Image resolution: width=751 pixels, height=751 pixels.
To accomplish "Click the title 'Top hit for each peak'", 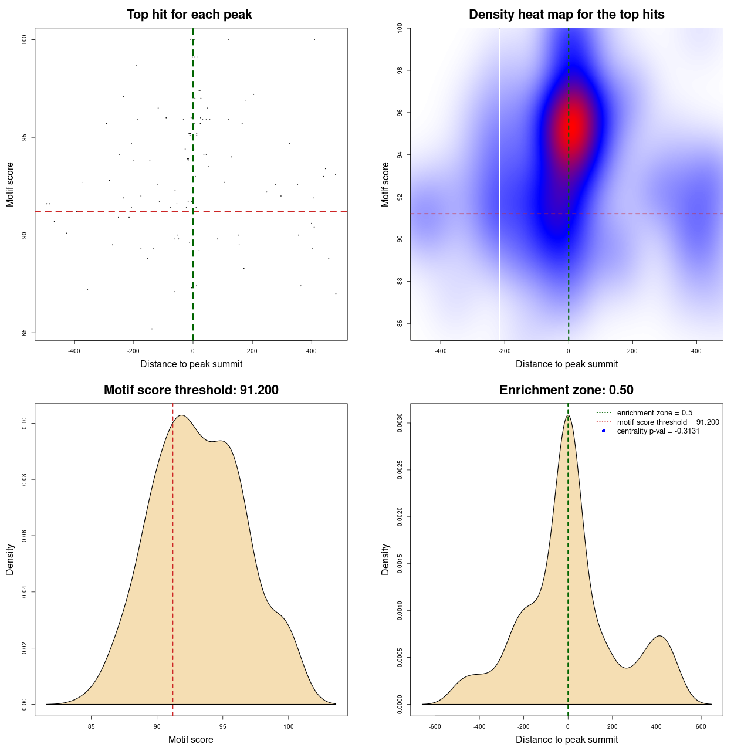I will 189,15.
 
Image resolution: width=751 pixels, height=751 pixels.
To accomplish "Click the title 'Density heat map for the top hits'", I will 566,15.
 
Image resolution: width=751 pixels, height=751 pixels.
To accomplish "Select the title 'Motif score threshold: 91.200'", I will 191,390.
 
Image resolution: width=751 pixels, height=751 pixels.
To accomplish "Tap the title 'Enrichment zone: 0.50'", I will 566,390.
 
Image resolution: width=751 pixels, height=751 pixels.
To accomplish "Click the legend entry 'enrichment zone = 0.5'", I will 654,413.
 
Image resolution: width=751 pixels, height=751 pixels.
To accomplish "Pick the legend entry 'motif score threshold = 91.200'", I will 668,422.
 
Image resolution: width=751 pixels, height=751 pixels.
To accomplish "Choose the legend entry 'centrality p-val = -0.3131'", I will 658,431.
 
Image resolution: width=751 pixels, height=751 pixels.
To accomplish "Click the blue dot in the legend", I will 604,431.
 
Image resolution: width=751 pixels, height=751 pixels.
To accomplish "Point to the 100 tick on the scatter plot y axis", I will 25,39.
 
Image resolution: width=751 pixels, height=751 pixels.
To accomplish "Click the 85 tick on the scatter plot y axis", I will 25,333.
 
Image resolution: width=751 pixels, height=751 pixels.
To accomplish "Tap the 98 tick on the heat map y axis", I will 400,70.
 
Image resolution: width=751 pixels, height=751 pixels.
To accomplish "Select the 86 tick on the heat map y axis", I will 400,323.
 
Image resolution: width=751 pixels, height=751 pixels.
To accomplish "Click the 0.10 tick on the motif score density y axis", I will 25,424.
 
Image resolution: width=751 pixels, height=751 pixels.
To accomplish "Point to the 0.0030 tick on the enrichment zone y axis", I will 400,424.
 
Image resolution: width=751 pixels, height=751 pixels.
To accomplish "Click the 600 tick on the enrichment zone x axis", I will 701,726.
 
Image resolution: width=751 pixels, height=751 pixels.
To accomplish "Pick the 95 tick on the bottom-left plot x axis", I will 222,726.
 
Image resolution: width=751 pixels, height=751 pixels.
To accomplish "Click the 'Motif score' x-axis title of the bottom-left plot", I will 191,740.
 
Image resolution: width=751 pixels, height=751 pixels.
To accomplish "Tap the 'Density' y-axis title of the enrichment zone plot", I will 385,559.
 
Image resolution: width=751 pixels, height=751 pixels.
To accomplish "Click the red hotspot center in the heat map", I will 574,126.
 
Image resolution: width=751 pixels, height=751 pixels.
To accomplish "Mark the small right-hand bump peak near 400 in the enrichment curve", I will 659,636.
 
